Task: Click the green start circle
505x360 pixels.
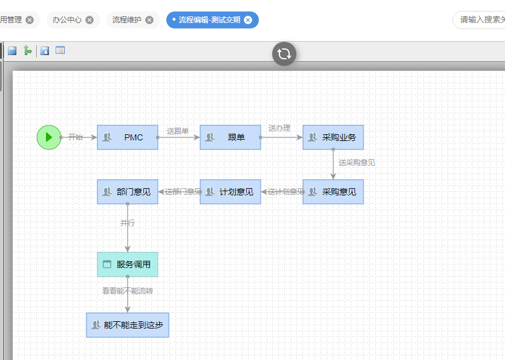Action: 49,137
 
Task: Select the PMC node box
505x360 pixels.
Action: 128,137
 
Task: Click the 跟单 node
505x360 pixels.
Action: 230,137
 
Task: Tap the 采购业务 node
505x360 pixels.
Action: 333,137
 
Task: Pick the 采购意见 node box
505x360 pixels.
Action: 333,192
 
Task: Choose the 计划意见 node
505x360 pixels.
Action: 230,192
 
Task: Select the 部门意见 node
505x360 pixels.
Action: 128,192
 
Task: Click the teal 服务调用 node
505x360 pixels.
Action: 128,264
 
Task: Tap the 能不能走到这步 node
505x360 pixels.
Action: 128,325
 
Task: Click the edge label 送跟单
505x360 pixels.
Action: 178,131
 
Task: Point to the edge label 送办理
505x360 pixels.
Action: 279,128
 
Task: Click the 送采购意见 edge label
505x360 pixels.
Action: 357,163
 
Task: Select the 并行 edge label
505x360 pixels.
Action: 128,223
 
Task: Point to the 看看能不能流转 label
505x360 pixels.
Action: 128,291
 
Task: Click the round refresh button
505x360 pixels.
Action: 284,54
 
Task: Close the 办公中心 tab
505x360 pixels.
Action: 90,20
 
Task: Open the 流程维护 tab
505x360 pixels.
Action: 127,20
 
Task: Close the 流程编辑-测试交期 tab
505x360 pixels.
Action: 248,20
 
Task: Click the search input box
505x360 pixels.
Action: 481,20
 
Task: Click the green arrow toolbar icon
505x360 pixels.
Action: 28,51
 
